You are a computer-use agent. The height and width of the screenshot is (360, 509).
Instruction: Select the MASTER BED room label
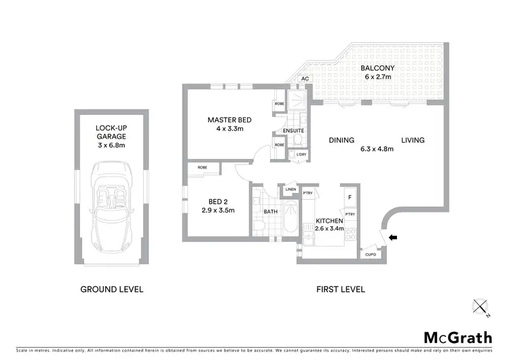(x=229, y=125)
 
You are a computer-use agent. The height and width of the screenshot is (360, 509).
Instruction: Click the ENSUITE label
(x=294, y=130)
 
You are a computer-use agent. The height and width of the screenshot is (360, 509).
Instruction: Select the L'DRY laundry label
(x=302, y=156)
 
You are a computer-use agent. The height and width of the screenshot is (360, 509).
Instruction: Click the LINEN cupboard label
(x=290, y=189)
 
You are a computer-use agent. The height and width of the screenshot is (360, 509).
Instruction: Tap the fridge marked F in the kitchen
(x=350, y=197)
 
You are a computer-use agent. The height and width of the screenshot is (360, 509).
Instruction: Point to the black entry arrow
(x=394, y=236)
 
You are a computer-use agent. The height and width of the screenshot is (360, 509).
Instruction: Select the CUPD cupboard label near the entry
(x=371, y=255)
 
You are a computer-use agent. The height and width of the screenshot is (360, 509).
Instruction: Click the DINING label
(x=341, y=141)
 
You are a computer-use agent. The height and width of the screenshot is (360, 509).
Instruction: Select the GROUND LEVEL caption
(x=112, y=289)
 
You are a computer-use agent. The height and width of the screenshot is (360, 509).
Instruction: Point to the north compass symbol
(x=483, y=308)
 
